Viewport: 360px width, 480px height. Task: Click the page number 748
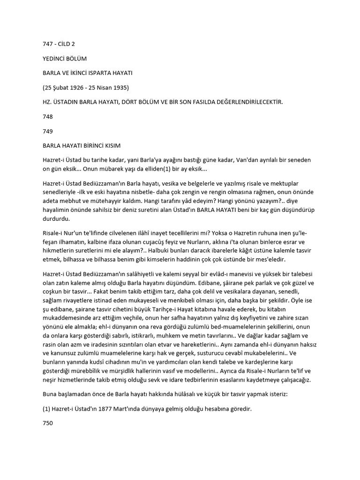48,117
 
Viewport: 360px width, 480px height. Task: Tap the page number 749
48,132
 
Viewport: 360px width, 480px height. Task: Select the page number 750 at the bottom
48,423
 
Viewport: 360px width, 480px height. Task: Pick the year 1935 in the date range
121,88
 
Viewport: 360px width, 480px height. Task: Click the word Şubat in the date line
60,88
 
